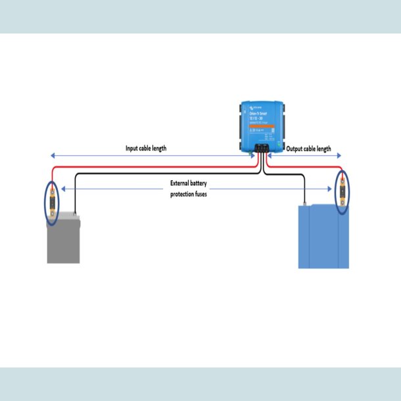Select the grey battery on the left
point(63,240)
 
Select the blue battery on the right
point(323,237)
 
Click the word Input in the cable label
point(134,149)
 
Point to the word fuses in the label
point(200,195)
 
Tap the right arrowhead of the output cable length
point(341,156)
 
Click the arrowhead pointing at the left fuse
point(61,189)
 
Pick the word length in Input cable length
point(158,149)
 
